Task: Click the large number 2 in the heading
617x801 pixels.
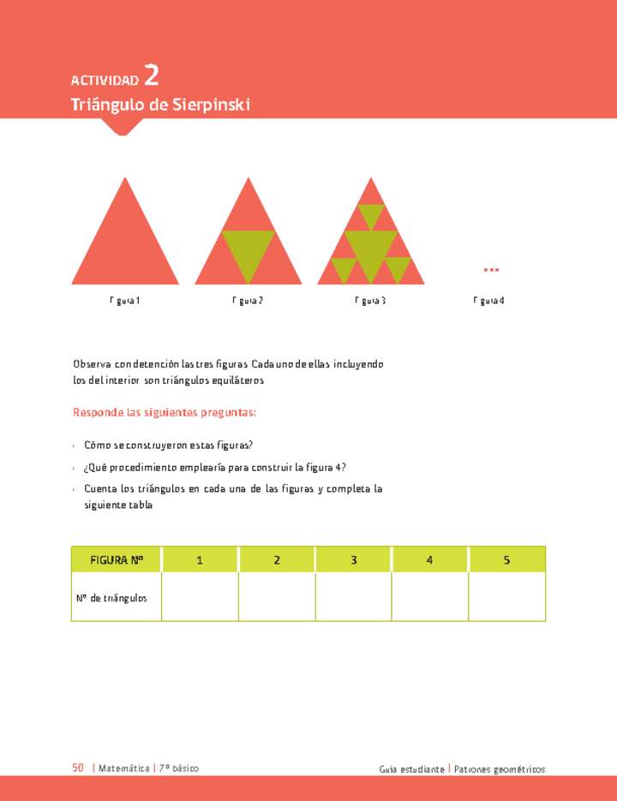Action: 151,76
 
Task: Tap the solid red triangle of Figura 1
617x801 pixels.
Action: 125,248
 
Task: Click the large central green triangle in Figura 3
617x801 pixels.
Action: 371,250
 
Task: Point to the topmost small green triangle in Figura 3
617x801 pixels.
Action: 371,214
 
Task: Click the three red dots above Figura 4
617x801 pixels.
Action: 491,270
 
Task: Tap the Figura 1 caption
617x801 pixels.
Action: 124,301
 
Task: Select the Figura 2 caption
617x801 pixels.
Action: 248,301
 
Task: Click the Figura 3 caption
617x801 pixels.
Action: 370,301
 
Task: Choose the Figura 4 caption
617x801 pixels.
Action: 488,301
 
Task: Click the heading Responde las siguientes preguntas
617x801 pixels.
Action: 165,413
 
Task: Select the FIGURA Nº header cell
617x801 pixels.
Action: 117,560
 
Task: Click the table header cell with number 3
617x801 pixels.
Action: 353,560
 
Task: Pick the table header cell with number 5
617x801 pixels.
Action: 507,560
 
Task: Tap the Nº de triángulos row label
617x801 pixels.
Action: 111,597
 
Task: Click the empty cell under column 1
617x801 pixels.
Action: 200,597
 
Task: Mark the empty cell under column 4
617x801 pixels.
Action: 430,597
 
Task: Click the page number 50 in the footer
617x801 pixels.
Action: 78,768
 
